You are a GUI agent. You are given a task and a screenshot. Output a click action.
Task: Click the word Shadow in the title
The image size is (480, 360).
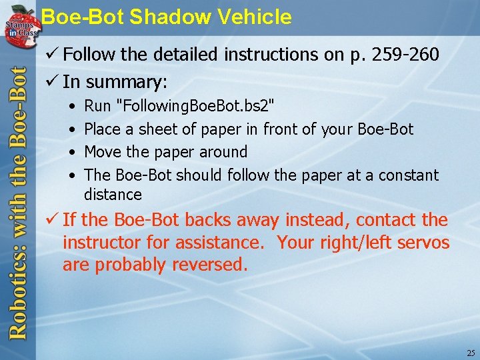[161, 17]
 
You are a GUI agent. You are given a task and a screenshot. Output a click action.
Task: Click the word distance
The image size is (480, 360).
[113, 195]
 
